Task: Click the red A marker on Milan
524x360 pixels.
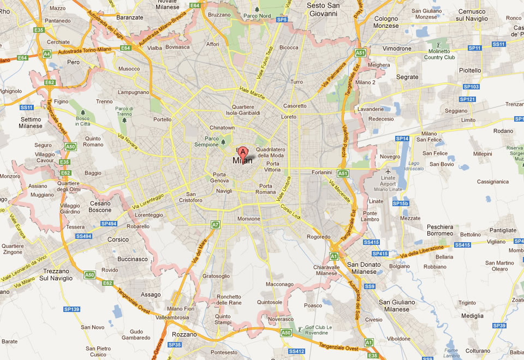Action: click(243, 152)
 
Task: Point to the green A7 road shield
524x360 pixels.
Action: click(216, 224)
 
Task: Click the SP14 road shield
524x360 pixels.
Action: click(402, 139)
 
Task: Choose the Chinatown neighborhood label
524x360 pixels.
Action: click(222, 128)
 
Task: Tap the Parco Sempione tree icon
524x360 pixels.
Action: click(223, 142)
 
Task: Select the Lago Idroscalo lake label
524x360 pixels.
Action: click(414, 165)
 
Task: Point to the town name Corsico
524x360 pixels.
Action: click(118, 239)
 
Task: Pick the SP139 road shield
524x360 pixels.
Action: click(72, 309)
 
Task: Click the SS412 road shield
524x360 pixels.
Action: click(296, 351)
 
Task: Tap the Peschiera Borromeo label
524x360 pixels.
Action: click(440, 230)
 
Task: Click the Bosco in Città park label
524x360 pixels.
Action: click(82, 121)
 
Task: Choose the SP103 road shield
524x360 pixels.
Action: click(471, 87)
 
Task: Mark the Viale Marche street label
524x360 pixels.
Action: click(252, 93)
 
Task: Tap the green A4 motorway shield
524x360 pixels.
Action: click(47, 53)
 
